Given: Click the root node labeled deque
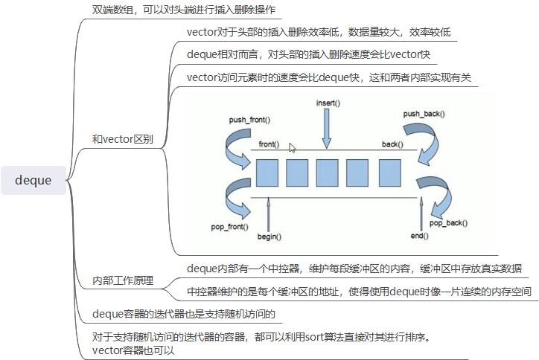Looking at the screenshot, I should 34,180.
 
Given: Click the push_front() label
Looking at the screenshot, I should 249,119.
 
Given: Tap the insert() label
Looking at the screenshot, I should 328,102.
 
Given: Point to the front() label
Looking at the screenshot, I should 269,144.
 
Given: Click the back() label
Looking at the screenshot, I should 393,144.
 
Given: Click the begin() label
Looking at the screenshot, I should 269,236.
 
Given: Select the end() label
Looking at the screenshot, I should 420,236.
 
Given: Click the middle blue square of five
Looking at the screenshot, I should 328,172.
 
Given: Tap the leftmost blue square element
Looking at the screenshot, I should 267,172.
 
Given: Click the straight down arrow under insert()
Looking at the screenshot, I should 326,128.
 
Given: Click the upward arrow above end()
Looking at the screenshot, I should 421,212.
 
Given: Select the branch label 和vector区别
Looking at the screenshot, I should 123,138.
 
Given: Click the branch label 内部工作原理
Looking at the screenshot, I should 123,280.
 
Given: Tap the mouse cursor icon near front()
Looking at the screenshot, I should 293,148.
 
